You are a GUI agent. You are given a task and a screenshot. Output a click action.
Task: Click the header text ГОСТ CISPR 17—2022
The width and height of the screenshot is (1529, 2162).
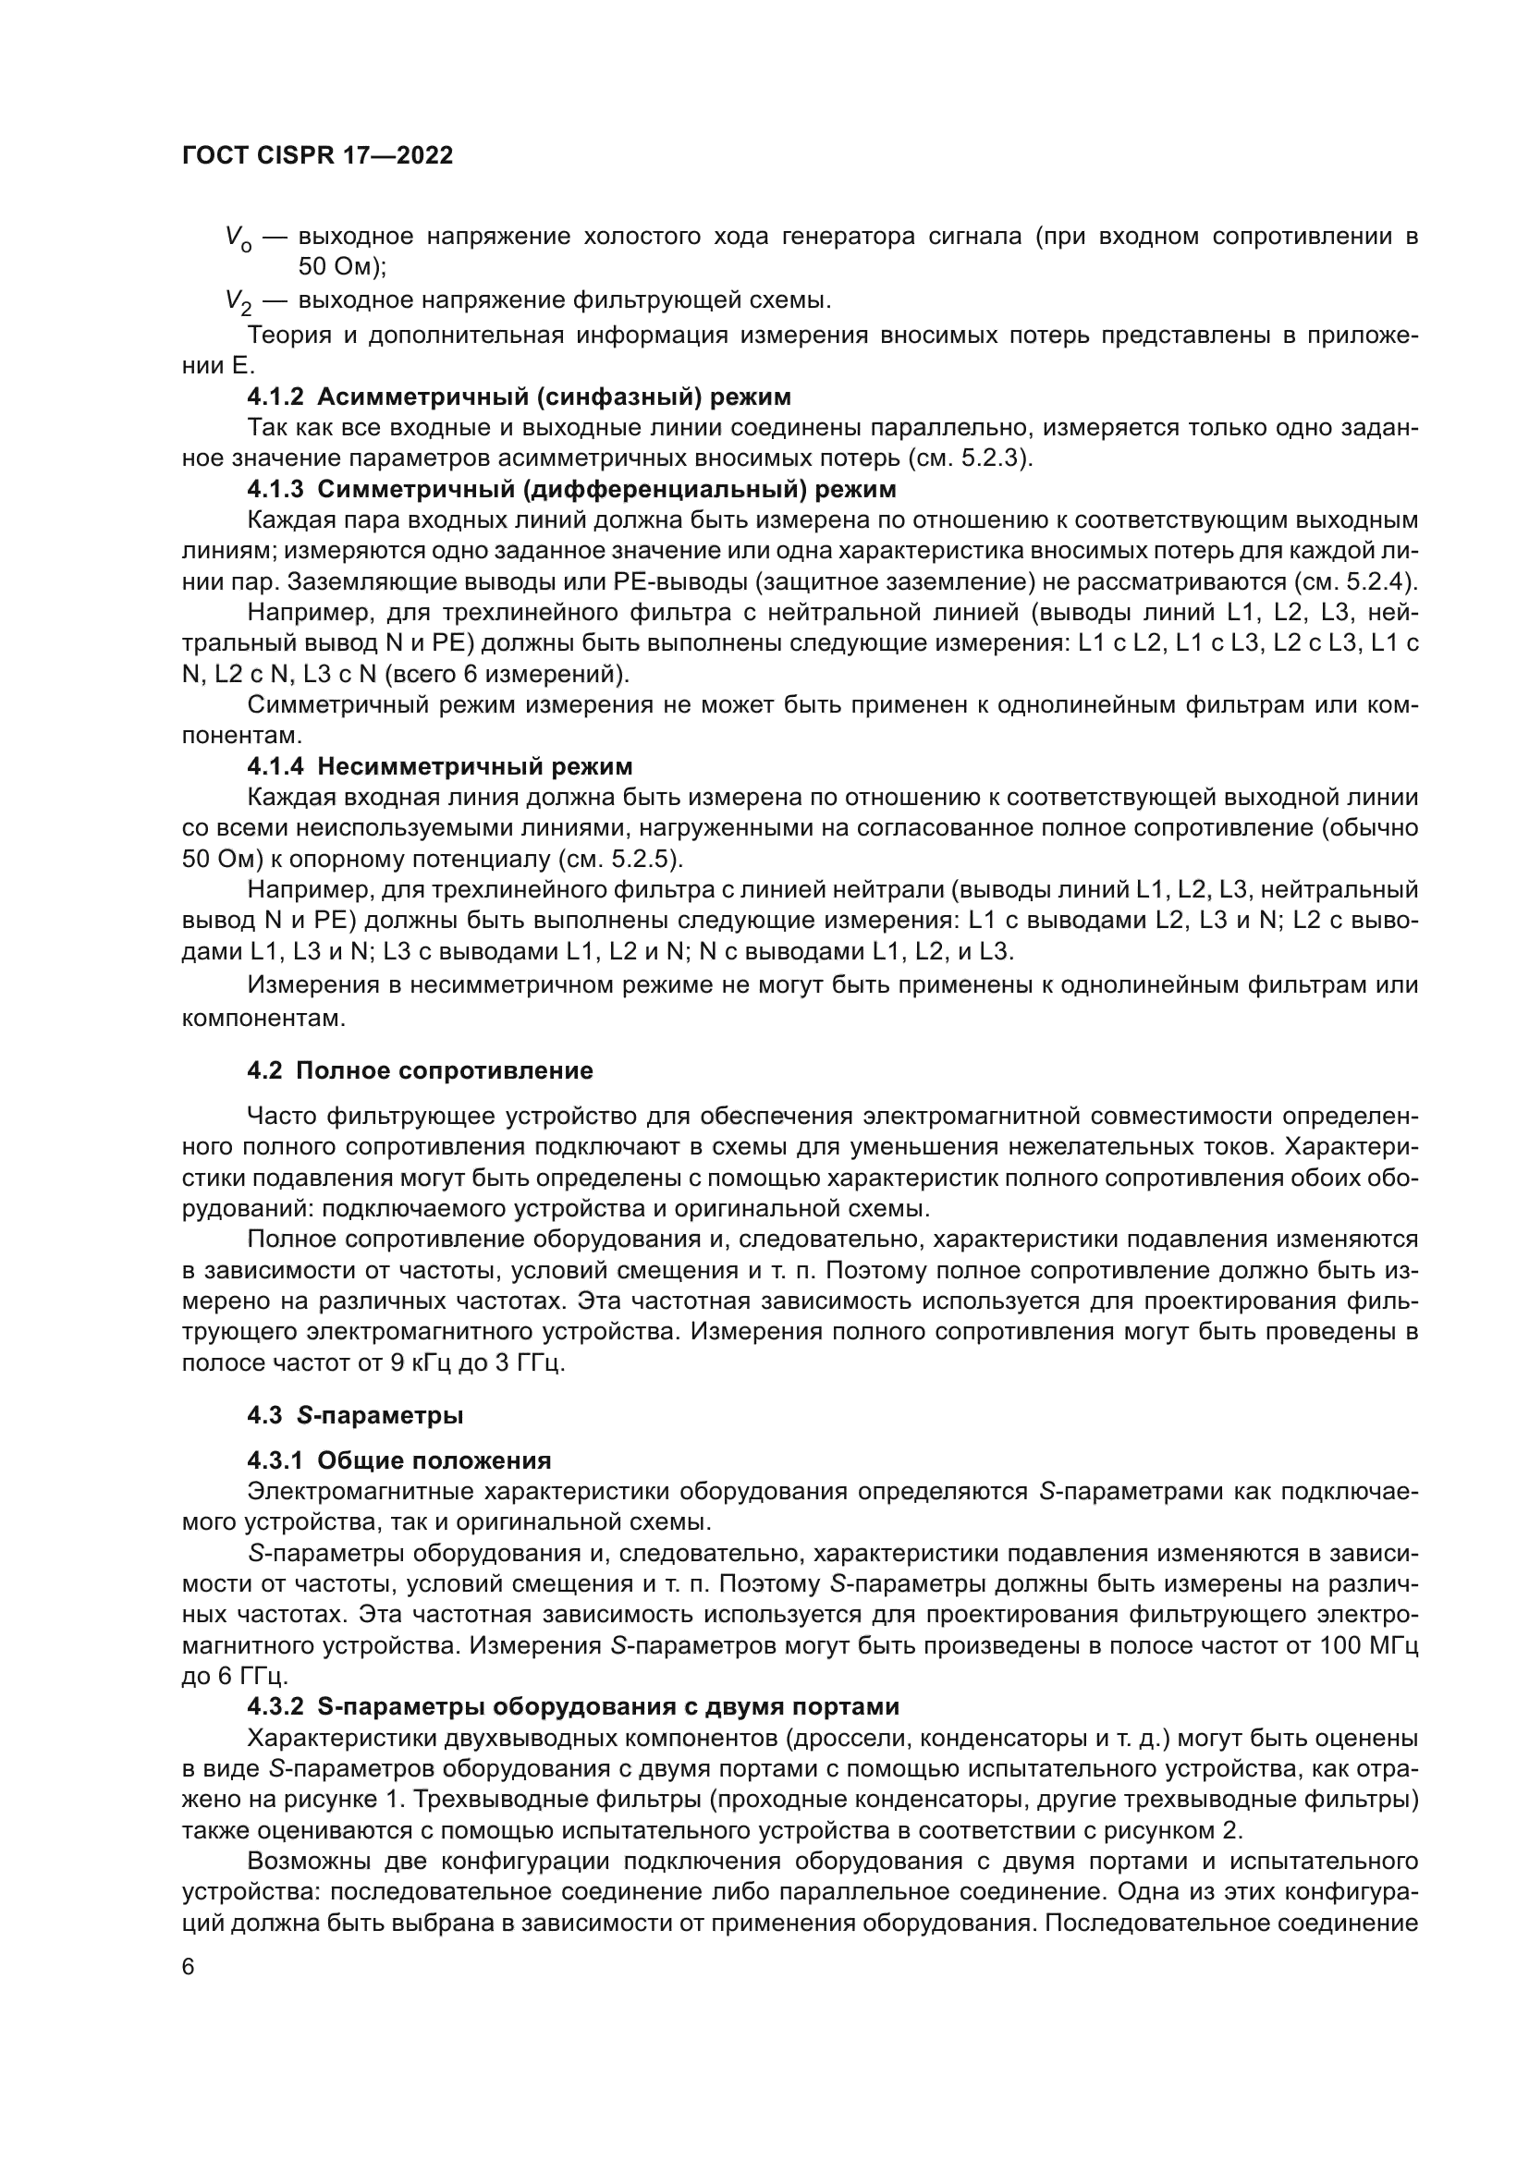(x=317, y=155)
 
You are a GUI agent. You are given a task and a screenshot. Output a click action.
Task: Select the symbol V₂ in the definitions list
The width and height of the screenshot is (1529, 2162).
(x=239, y=301)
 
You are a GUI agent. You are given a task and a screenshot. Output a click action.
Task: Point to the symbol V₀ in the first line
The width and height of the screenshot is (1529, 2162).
(x=239, y=238)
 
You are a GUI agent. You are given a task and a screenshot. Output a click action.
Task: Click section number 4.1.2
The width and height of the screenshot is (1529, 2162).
(x=275, y=397)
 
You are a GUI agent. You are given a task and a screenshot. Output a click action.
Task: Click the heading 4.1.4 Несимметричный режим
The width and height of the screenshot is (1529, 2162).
(x=440, y=765)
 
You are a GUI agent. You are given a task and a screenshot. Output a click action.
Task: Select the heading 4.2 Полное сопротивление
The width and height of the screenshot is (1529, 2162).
(x=420, y=1070)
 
